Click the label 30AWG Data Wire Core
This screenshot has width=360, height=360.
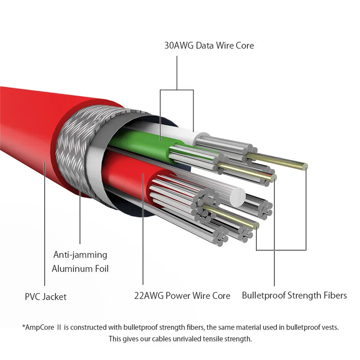208,45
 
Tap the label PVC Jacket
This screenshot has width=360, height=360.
46,297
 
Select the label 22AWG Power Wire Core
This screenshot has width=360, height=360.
182,296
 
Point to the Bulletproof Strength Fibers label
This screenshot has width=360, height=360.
294,296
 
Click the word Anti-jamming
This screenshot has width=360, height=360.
80,255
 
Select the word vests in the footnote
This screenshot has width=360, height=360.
328,327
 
